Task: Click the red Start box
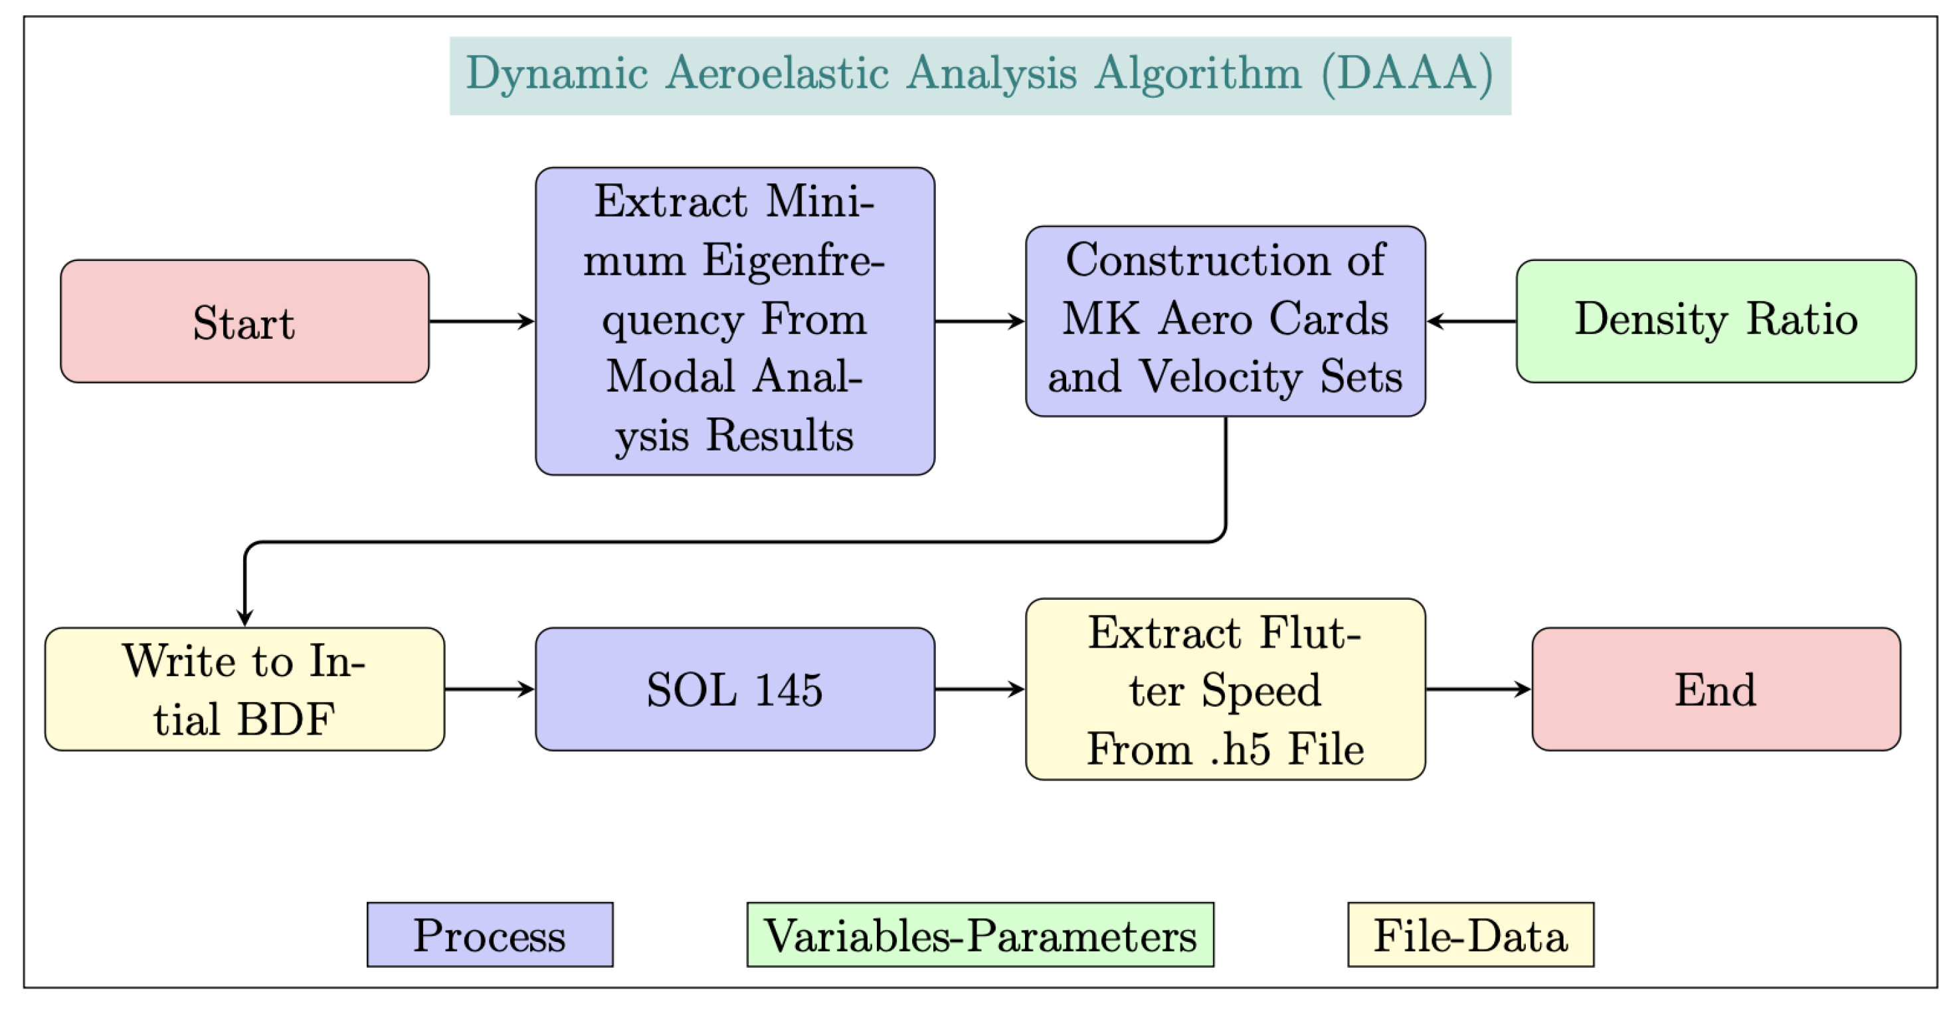tap(244, 322)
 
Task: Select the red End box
tap(1715, 689)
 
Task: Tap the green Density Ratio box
tap(1715, 321)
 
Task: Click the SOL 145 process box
tap(735, 689)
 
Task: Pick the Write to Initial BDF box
tap(244, 689)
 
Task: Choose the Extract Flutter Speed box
tap(1225, 689)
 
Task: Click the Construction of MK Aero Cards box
tap(1225, 321)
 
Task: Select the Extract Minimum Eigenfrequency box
tap(735, 321)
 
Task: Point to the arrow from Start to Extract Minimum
tap(482, 322)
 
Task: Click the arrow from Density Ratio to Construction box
tap(1471, 322)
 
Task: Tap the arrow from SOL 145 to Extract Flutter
tap(980, 689)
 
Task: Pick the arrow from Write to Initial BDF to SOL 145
tap(489, 689)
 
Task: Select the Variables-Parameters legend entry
tap(980, 935)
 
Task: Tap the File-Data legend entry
tap(1470, 935)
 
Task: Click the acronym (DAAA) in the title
tap(1407, 74)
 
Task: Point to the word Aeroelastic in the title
tap(777, 74)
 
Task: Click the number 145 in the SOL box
tap(789, 689)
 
